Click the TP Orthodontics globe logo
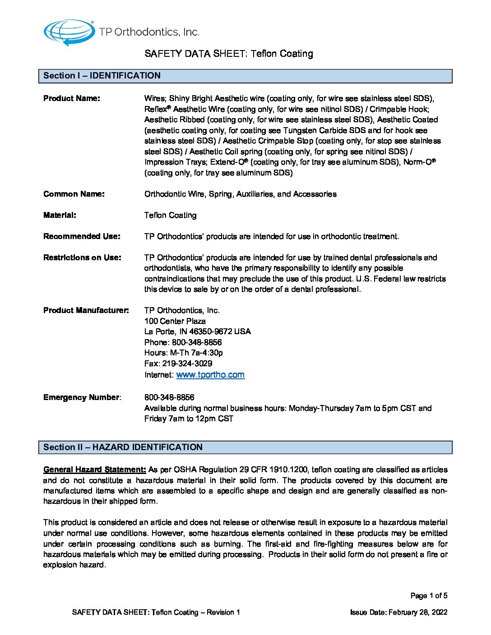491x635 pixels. pyautogui.click(x=69, y=32)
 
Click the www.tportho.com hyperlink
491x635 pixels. pyautogui.click(x=210, y=375)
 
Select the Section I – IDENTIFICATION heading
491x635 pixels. pyautogui.click(x=102, y=76)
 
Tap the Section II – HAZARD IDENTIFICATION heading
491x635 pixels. pyautogui.click(x=123, y=447)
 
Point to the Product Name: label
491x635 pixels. pyautogui.click(x=72, y=98)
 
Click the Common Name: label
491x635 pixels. pyautogui.click(x=74, y=194)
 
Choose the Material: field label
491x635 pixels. pyautogui.click(x=60, y=215)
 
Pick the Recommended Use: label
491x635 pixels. pyautogui.click(x=82, y=236)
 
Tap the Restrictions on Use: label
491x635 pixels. pyautogui.click(x=82, y=258)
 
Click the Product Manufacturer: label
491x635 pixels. pyautogui.click(x=86, y=310)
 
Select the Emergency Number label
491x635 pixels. pyautogui.click(x=82, y=397)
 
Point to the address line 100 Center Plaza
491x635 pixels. pyautogui.click(x=175, y=321)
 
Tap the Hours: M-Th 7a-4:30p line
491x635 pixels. pyautogui.click(x=184, y=353)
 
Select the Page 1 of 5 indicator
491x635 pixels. pyautogui.click(x=429, y=596)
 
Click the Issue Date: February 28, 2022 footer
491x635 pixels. pyautogui.click(x=398, y=612)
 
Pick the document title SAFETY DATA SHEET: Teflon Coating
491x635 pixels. pyautogui.click(x=229, y=54)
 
